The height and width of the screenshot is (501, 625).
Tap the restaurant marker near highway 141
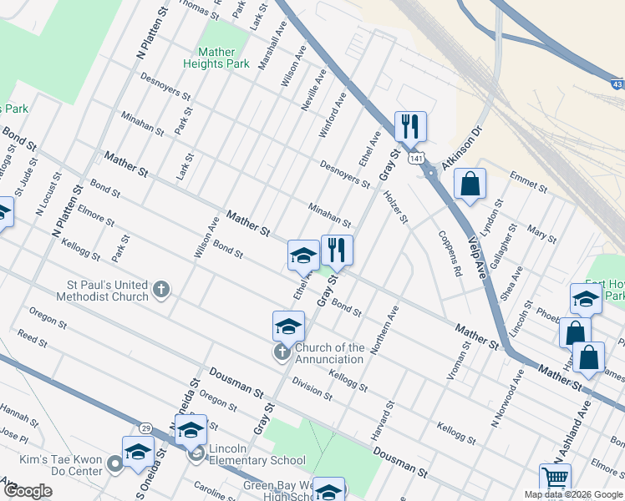(x=410, y=126)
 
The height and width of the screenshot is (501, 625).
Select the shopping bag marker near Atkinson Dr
(x=470, y=184)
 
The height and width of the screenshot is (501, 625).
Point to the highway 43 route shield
(x=617, y=84)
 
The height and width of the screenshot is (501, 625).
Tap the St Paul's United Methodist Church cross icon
(x=162, y=291)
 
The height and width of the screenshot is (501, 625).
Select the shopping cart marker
(x=554, y=479)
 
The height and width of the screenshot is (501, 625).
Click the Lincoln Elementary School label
(x=257, y=460)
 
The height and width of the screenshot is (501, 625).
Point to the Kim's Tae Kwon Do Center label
(x=60, y=465)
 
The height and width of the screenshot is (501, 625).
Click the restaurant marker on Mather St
(x=337, y=249)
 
